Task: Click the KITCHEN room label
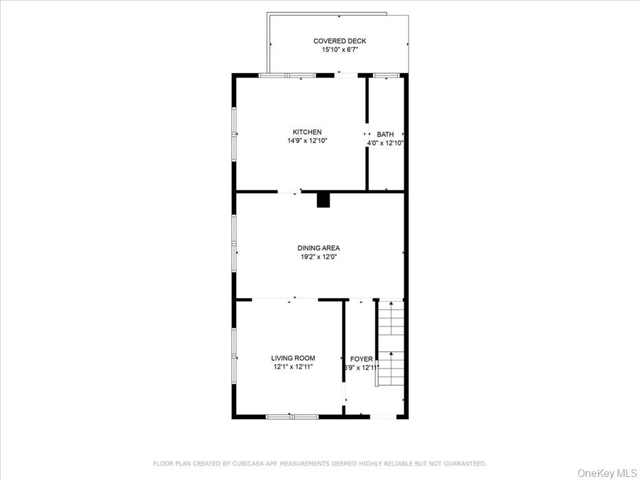pyautogui.click(x=307, y=132)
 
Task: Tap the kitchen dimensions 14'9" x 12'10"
pyautogui.click(x=307, y=141)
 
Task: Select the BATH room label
pyautogui.click(x=385, y=134)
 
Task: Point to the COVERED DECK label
pyautogui.click(x=339, y=41)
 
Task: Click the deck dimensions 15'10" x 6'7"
pyautogui.click(x=339, y=50)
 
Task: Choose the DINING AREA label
pyautogui.click(x=319, y=248)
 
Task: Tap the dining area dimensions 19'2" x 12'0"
pyautogui.click(x=319, y=257)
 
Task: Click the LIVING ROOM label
pyautogui.click(x=292, y=358)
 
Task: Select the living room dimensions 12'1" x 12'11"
pyautogui.click(x=292, y=367)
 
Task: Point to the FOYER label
pyautogui.click(x=361, y=359)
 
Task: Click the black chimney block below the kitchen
pyautogui.click(x=323, y=200)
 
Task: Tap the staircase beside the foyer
pyautogui.click(x=391, y=344)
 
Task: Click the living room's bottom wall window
pyautogui.click(x=292, y=416)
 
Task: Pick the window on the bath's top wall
pyautogui.click(x=386, y=76)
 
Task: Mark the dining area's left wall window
pyautogui.click(x=234, y=244)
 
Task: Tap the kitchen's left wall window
pyautogui.click(x=234, y=134)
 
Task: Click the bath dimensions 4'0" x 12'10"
pyautogui.click(x=385, y=143)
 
